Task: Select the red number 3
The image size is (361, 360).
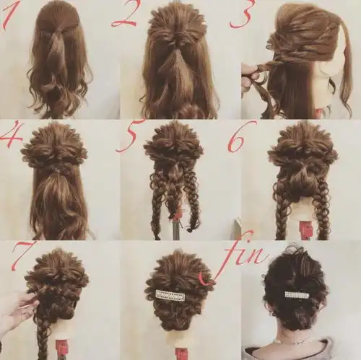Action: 241,14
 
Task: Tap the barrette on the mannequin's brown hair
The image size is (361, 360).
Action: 171,296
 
